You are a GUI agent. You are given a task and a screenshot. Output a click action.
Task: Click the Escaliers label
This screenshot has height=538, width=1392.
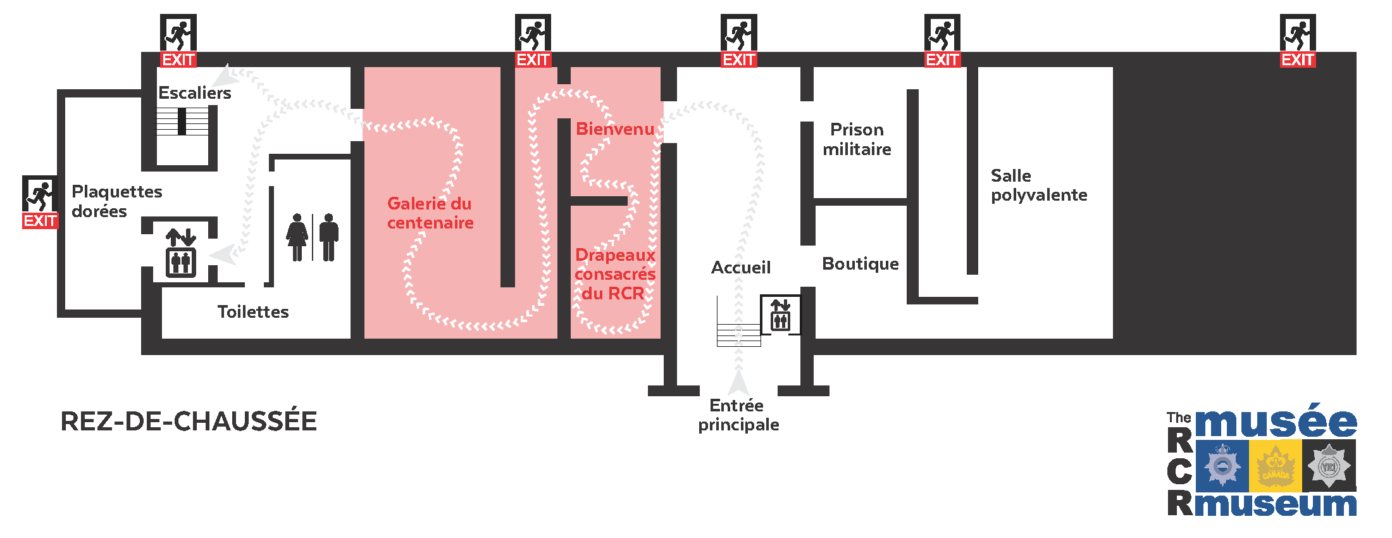coord(194,93)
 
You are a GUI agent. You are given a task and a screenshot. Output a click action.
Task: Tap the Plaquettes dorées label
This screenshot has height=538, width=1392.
coord(116,201)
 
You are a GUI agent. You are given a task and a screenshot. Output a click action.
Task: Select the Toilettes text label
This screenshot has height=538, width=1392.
coord(253,312)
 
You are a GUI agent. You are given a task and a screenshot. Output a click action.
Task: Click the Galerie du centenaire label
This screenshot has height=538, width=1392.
coord(430,213)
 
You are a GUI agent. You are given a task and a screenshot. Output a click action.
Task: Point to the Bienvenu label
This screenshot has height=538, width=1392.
coord(614,129)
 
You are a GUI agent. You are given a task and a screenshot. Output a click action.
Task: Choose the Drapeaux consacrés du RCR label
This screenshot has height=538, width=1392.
coord(614,274)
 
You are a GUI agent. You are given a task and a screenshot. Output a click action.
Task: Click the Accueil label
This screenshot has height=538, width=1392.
coord(740,268)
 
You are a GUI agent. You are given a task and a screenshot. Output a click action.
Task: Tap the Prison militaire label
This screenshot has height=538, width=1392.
coord(857,139)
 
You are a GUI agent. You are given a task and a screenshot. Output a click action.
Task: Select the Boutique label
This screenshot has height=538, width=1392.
coord(860,264)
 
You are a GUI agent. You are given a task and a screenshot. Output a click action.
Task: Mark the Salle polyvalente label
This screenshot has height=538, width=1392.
coord(1038,185)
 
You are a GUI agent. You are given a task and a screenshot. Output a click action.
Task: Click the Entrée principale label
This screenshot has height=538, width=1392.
coord(738,415)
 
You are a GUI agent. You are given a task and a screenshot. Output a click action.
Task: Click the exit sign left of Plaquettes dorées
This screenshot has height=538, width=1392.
coord(40,202)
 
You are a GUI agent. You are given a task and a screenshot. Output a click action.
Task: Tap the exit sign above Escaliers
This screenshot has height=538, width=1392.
coord(178,41)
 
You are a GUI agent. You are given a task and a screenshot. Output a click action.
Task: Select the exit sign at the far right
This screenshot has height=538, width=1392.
coord(1298,41)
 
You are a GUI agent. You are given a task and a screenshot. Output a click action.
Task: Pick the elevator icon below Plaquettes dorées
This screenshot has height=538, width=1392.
coord(181,253)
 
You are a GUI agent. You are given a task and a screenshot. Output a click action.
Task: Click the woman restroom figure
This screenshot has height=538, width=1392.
coord(297,237)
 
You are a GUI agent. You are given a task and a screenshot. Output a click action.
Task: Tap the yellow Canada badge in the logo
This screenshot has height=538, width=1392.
coord(1275,466)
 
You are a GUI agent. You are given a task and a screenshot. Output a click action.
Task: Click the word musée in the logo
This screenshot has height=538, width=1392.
coord(1276,422)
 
